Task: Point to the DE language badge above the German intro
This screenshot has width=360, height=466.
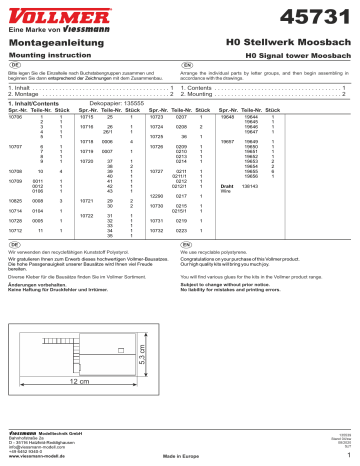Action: pos(11,66)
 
